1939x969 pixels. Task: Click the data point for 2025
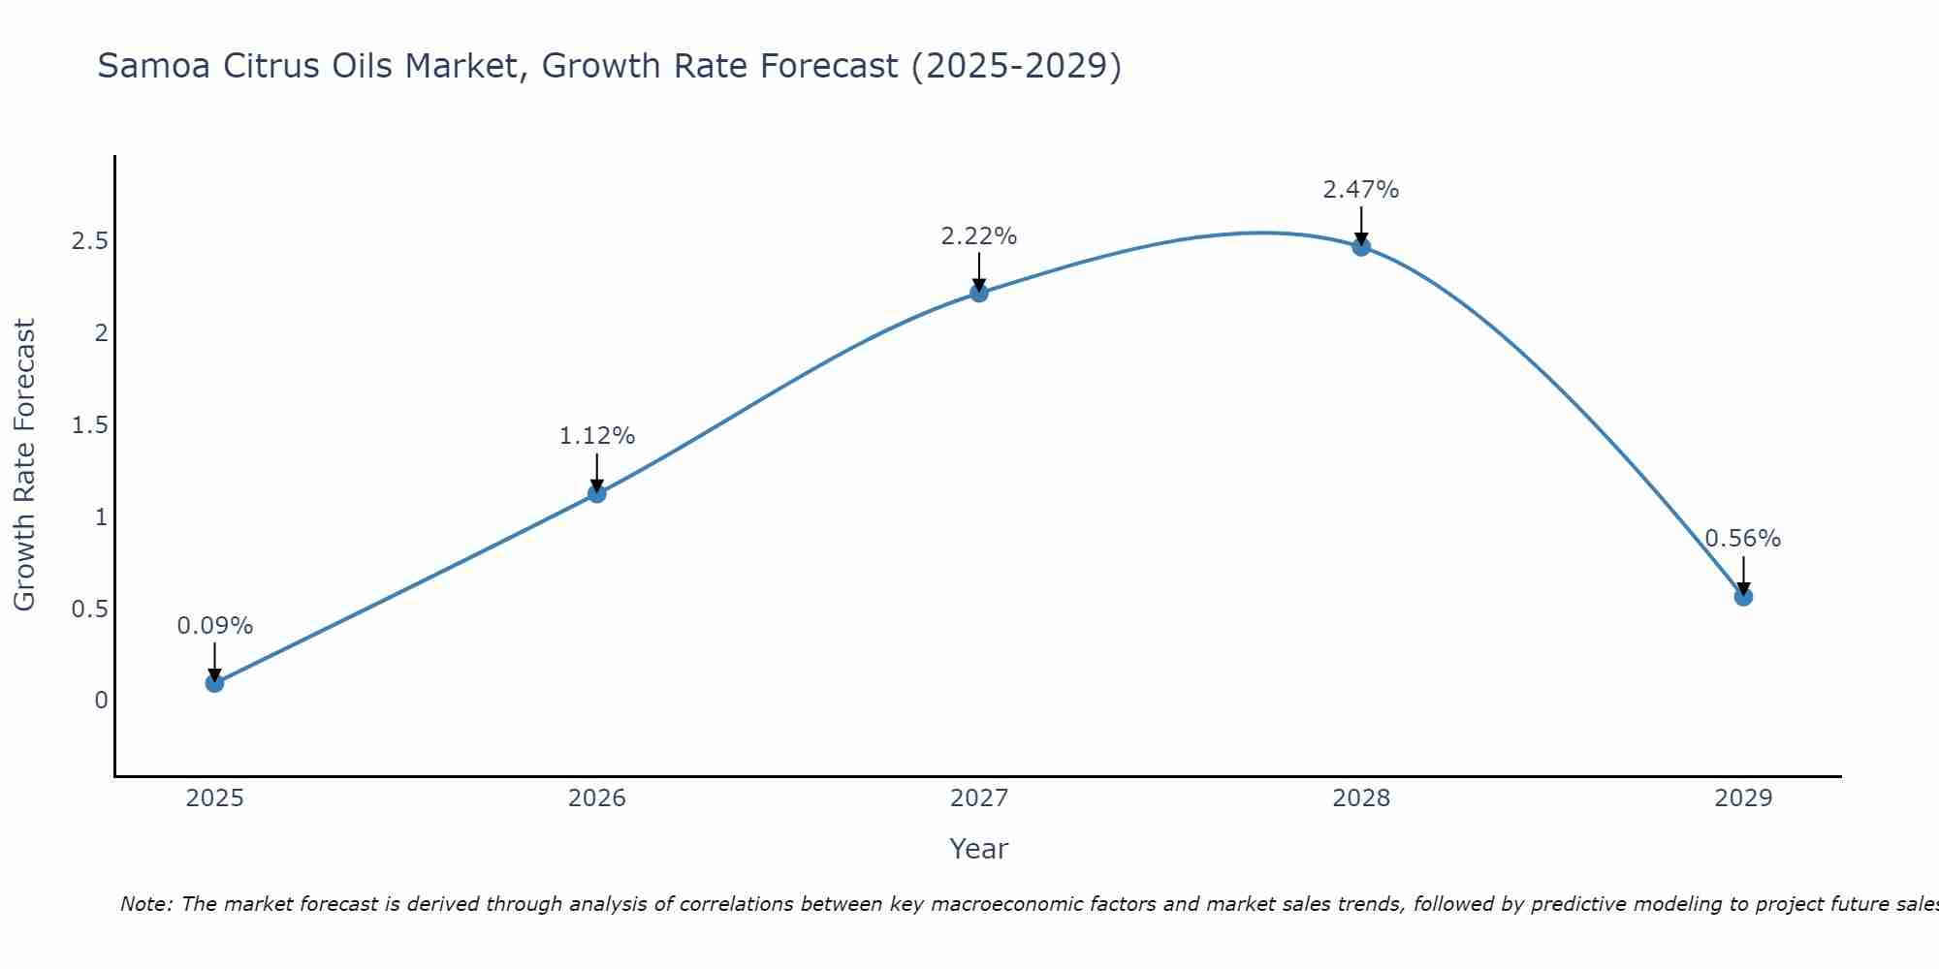point(214,683)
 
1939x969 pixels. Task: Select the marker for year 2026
point(596,493)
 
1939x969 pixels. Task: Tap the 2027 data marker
point(979,293)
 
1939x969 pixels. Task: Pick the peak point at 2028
point(1361,246)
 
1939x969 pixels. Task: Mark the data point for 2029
point(1743,597)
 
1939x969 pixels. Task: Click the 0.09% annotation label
point(214,626)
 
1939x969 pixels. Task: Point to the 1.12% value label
point(596,436)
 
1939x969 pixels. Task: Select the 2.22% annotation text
point(979,236)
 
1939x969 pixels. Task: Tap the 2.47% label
point(1361,190)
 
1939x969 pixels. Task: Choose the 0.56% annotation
point(1743,539)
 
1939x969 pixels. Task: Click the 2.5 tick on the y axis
point(89,241)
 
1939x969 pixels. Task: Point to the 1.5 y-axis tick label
point(89,425)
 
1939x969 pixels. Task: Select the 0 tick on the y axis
point(101,701)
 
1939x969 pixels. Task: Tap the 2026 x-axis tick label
point(596,798)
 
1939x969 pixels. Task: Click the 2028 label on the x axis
point(1361,798)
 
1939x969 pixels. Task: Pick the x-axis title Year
point(979,849)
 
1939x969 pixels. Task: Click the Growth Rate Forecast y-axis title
point(24,465)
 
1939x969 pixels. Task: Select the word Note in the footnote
point(144,904)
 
